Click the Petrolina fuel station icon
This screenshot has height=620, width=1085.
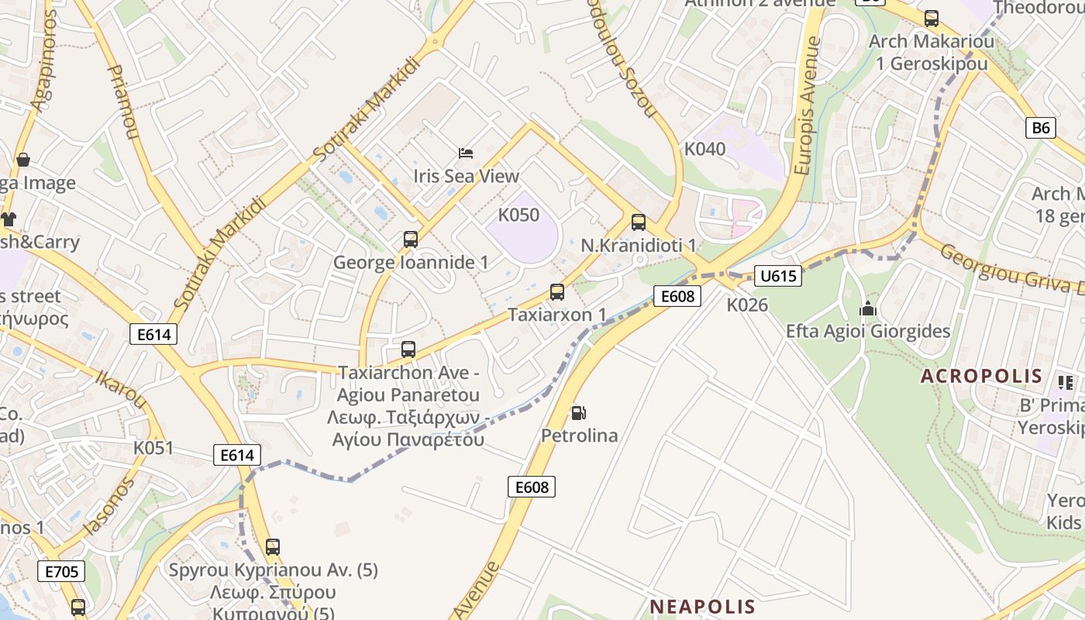(578, 413)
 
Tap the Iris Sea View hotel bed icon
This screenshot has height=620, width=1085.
(466, 153)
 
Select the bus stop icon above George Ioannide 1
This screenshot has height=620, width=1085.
(411, 239)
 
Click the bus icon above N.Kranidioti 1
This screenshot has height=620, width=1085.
(639, 222)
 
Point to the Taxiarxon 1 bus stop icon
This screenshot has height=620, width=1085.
(557, 292)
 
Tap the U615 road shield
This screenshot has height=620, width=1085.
(777, 276)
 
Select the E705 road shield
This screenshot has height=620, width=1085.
(61, 572)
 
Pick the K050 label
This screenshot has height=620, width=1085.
(518, 215)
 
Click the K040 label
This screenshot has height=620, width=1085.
(704, 148)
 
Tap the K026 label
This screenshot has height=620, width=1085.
(747, 305)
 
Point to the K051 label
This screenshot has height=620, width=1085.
(153, 448)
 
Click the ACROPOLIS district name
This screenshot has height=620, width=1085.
(981, 377)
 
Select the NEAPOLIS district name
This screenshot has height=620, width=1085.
(702, 606)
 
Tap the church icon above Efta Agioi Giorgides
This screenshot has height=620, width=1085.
(867, 308)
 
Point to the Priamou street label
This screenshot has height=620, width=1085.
(122, 101)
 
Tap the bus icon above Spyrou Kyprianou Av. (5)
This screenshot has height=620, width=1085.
(273, 546)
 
